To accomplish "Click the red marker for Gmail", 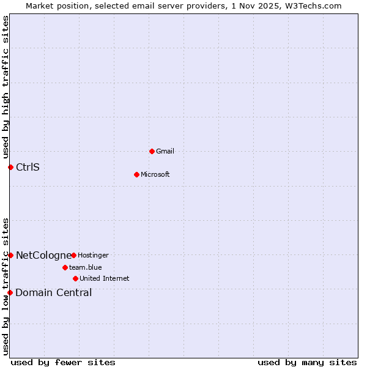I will coord(152,151).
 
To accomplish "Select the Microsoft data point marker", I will coord(137,174).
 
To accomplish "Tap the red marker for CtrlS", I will coord(10,167).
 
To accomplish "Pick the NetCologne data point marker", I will coord(10,255).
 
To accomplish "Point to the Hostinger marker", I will coord(73,255).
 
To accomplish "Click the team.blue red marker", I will coord(65,267).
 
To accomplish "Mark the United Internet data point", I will coord(75,278).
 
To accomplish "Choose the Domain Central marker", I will coord(10,292).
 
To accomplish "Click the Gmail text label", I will coord(165,151).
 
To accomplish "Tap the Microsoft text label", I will coord(155,174).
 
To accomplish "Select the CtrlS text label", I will coord(28,167).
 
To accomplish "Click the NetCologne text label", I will coord(43,255).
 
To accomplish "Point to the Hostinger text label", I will coord(93,255).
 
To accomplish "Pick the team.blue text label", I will coord(86,267).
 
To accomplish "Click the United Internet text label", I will coord(105,278).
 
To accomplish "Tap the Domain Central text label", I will coord(54,292).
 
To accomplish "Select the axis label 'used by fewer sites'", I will coord(63,362).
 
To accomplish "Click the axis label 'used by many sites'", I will coord(307,362).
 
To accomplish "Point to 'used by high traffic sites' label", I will coord(6,87).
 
